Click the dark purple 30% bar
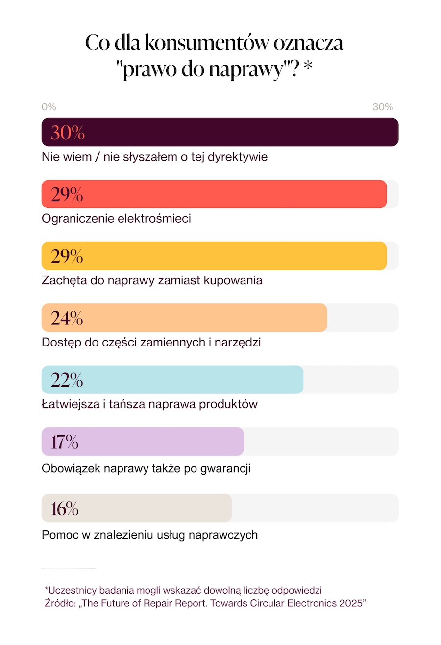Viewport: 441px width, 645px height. pyautogui.click(x=220, y=132)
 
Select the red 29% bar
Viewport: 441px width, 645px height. pyautogui.click(x=214, y=194)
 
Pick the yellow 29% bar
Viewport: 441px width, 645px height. pyautogui.click(x=214, y=256)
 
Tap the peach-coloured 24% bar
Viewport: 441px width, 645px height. pyautogui.click(x=184, y=318)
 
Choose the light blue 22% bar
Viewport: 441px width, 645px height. pyautogui.click(x=172, y=379)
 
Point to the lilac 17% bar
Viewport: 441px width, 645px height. pyautogui.click(x=143, y=441)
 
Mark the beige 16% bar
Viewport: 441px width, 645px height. pyautogui.click(x=137, y=508)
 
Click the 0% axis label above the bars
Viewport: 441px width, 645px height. pyautogui.click(x=49, y=107)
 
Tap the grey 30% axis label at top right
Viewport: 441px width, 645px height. pyautogui.click(x=383, y=107)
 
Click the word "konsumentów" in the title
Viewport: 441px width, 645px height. pyautogui.click(x=206, y=43)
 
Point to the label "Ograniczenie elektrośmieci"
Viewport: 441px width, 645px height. pyautogui.click(x=116, y=218)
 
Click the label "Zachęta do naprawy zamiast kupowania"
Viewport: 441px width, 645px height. pyautogui.click(x=152, y=280)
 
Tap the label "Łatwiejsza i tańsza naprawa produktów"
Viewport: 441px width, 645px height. pyautogui.click(x=149, y=404)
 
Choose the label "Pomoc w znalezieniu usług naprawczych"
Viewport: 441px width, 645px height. pyautogui.click(x=149, y=535)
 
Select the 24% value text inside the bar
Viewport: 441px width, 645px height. pyautogui.click(x=67, y=318)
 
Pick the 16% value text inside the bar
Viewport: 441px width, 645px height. pyautogui.click(x=65, y=508)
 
